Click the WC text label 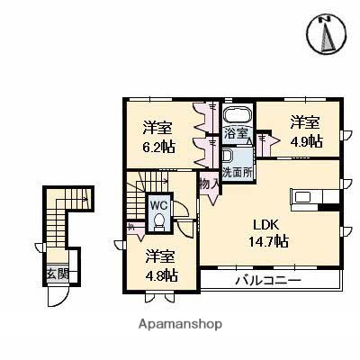157,204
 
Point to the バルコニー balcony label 268,281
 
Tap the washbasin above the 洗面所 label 226,154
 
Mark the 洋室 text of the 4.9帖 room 303,122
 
